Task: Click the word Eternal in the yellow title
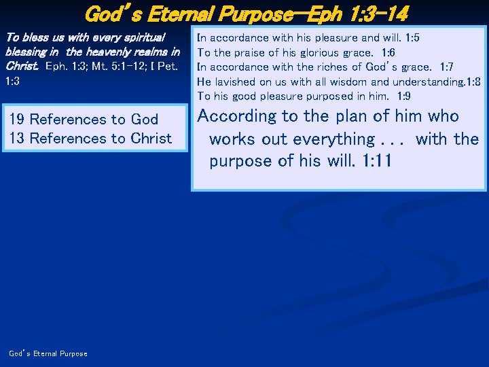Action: [x=183, y=13]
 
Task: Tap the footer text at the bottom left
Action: [x=48, y=353]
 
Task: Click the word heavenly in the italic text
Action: [x=95, y=52]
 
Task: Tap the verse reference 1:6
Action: [x=388, y=52]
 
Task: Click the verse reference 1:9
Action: [x=404, y=97]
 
